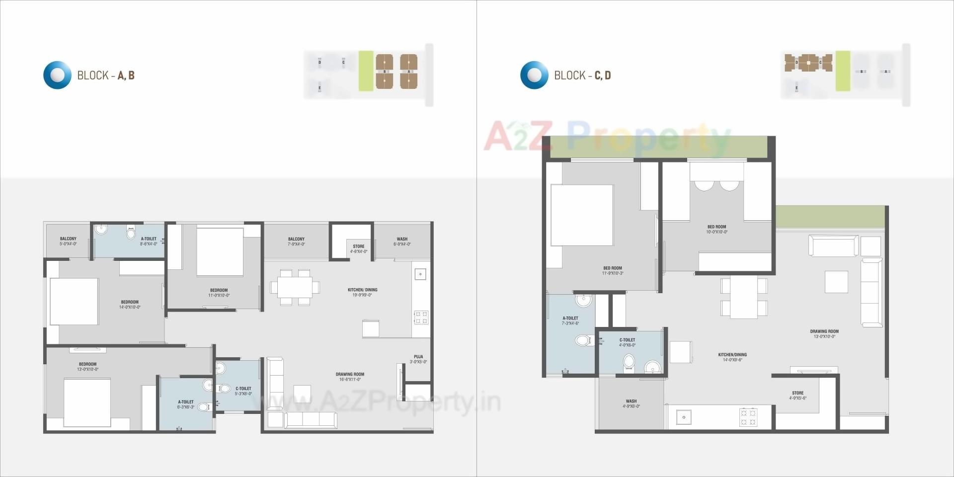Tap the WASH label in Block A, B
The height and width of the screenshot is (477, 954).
pos(402,241)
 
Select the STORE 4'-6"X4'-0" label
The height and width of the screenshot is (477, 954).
pos(358,249)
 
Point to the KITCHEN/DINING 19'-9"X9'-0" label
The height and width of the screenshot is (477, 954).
pos(362,292)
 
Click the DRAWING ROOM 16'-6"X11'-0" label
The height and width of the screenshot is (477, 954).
pos(350,377)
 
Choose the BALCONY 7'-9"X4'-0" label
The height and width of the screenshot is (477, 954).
pos(296,241)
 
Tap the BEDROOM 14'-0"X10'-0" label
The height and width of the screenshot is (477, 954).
pos(130,305)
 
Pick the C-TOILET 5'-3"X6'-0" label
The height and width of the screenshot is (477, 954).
pos(243,391)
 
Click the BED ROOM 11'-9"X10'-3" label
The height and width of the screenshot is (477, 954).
pos(613,270)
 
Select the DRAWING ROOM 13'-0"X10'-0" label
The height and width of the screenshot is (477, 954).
pos(824,334)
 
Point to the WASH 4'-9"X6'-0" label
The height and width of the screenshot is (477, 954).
pos(631,403)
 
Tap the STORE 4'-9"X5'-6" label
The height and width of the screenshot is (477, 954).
pos(797,396)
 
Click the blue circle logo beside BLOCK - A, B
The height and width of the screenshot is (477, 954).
pos(58,75)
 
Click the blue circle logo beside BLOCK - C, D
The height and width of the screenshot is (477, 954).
pos(534,75)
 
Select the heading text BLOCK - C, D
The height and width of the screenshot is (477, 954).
pos(582,76)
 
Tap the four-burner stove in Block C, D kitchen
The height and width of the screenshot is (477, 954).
pos(748,417)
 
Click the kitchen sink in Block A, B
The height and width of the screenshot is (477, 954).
pos(420,274)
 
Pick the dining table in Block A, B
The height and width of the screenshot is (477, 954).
pos(295,287)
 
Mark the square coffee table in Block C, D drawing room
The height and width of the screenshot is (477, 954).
pos(836,282)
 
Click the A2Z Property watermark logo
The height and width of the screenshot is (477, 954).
pos(606,137)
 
